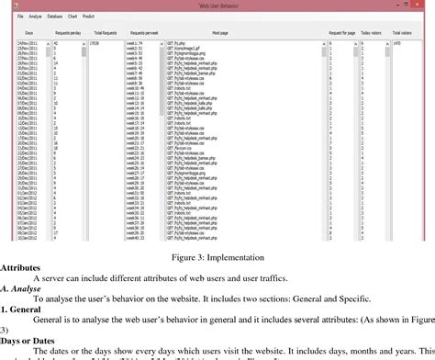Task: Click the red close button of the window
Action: (423, 5)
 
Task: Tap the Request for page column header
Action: (344, 30)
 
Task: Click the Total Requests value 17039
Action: (95, 42)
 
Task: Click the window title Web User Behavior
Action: (220, 5)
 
